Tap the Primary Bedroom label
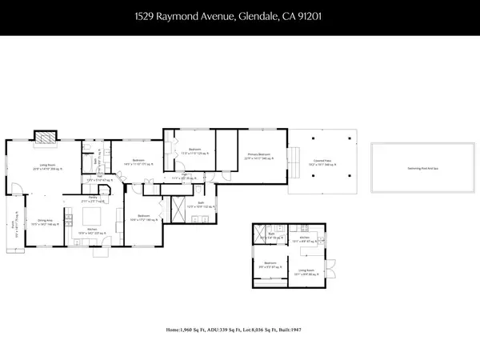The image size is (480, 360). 258,154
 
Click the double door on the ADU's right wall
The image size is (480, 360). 329,270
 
